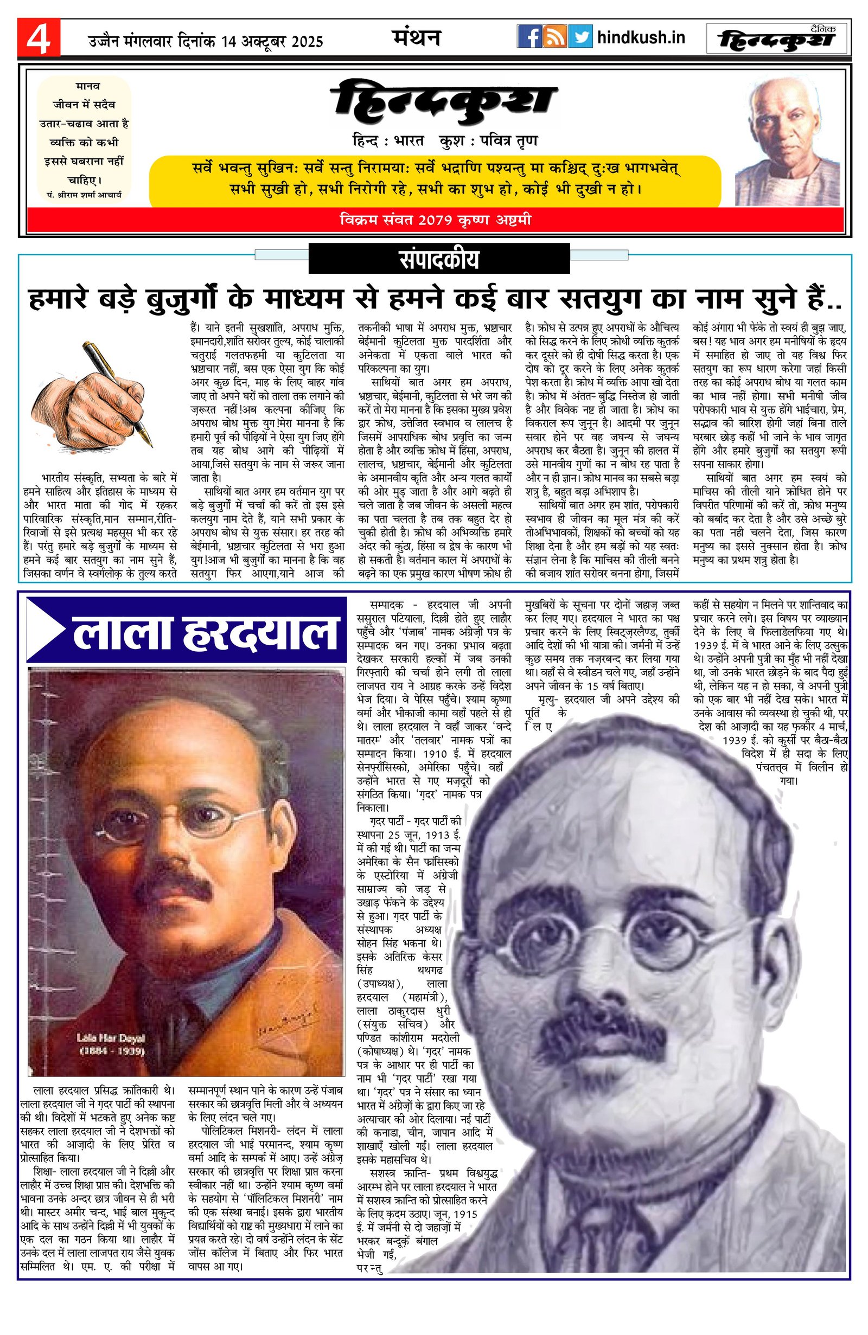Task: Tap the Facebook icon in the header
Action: tap(529, 37)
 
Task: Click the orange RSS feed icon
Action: tap(555, 37)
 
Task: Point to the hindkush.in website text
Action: tap(641, 37)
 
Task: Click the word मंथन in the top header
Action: tap(416, 37)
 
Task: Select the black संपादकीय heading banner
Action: tap(439, 260)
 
